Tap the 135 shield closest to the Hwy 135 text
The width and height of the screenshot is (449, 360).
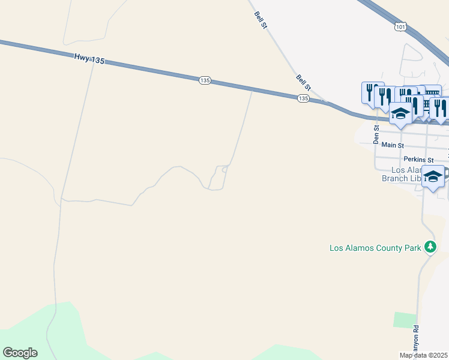pyautogui.click(x=205, y=80)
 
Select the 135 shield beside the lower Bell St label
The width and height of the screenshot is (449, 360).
pyautogui.click(x=303, y=98)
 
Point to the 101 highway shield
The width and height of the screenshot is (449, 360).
pyautogui.click(x=401, y=27)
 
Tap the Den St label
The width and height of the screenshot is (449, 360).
pyautogui.click(x=376, y=134)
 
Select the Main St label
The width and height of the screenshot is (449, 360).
pyautogui.click(x=393, y=145)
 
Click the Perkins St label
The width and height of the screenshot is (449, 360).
pyautogui.click(x=418, y=160)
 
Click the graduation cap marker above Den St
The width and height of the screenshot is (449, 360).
pyautogui.click(x=400, y=113)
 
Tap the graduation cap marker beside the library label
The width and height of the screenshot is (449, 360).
pyautogui.click(x=433, y=176)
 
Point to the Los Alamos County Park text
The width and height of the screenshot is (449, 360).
pyautogui.click(x=374, y=247)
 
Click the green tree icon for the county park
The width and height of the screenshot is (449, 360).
pyautogui.click(x=430, y=246)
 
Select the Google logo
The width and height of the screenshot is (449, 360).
pyautogui.click(x=20, y=353)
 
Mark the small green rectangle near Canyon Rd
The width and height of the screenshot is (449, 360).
pyautogui.click(x=405, y=320)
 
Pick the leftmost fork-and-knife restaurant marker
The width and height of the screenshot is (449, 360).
pyautogui.click(x=372, y=92)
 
